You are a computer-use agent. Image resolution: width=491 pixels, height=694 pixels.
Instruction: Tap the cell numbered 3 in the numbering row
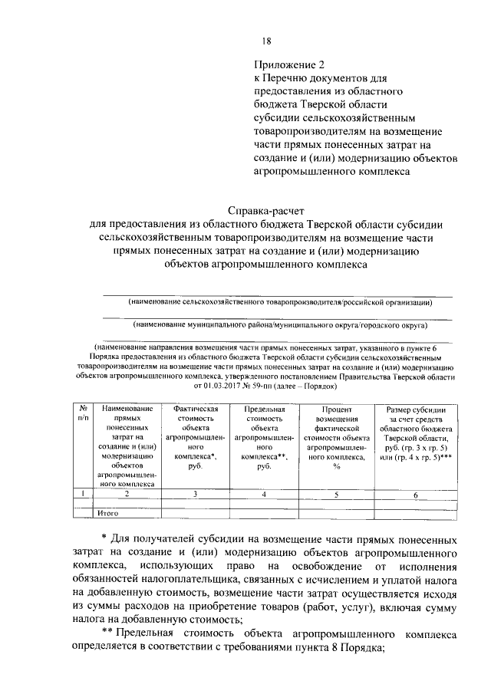pos(196,495)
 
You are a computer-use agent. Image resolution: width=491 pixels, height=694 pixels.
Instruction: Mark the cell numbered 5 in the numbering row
pos(336,495)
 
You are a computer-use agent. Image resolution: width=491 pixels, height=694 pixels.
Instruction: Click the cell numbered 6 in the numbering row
pos(414,495)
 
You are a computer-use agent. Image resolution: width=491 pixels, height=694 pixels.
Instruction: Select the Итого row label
pos(107,512)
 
